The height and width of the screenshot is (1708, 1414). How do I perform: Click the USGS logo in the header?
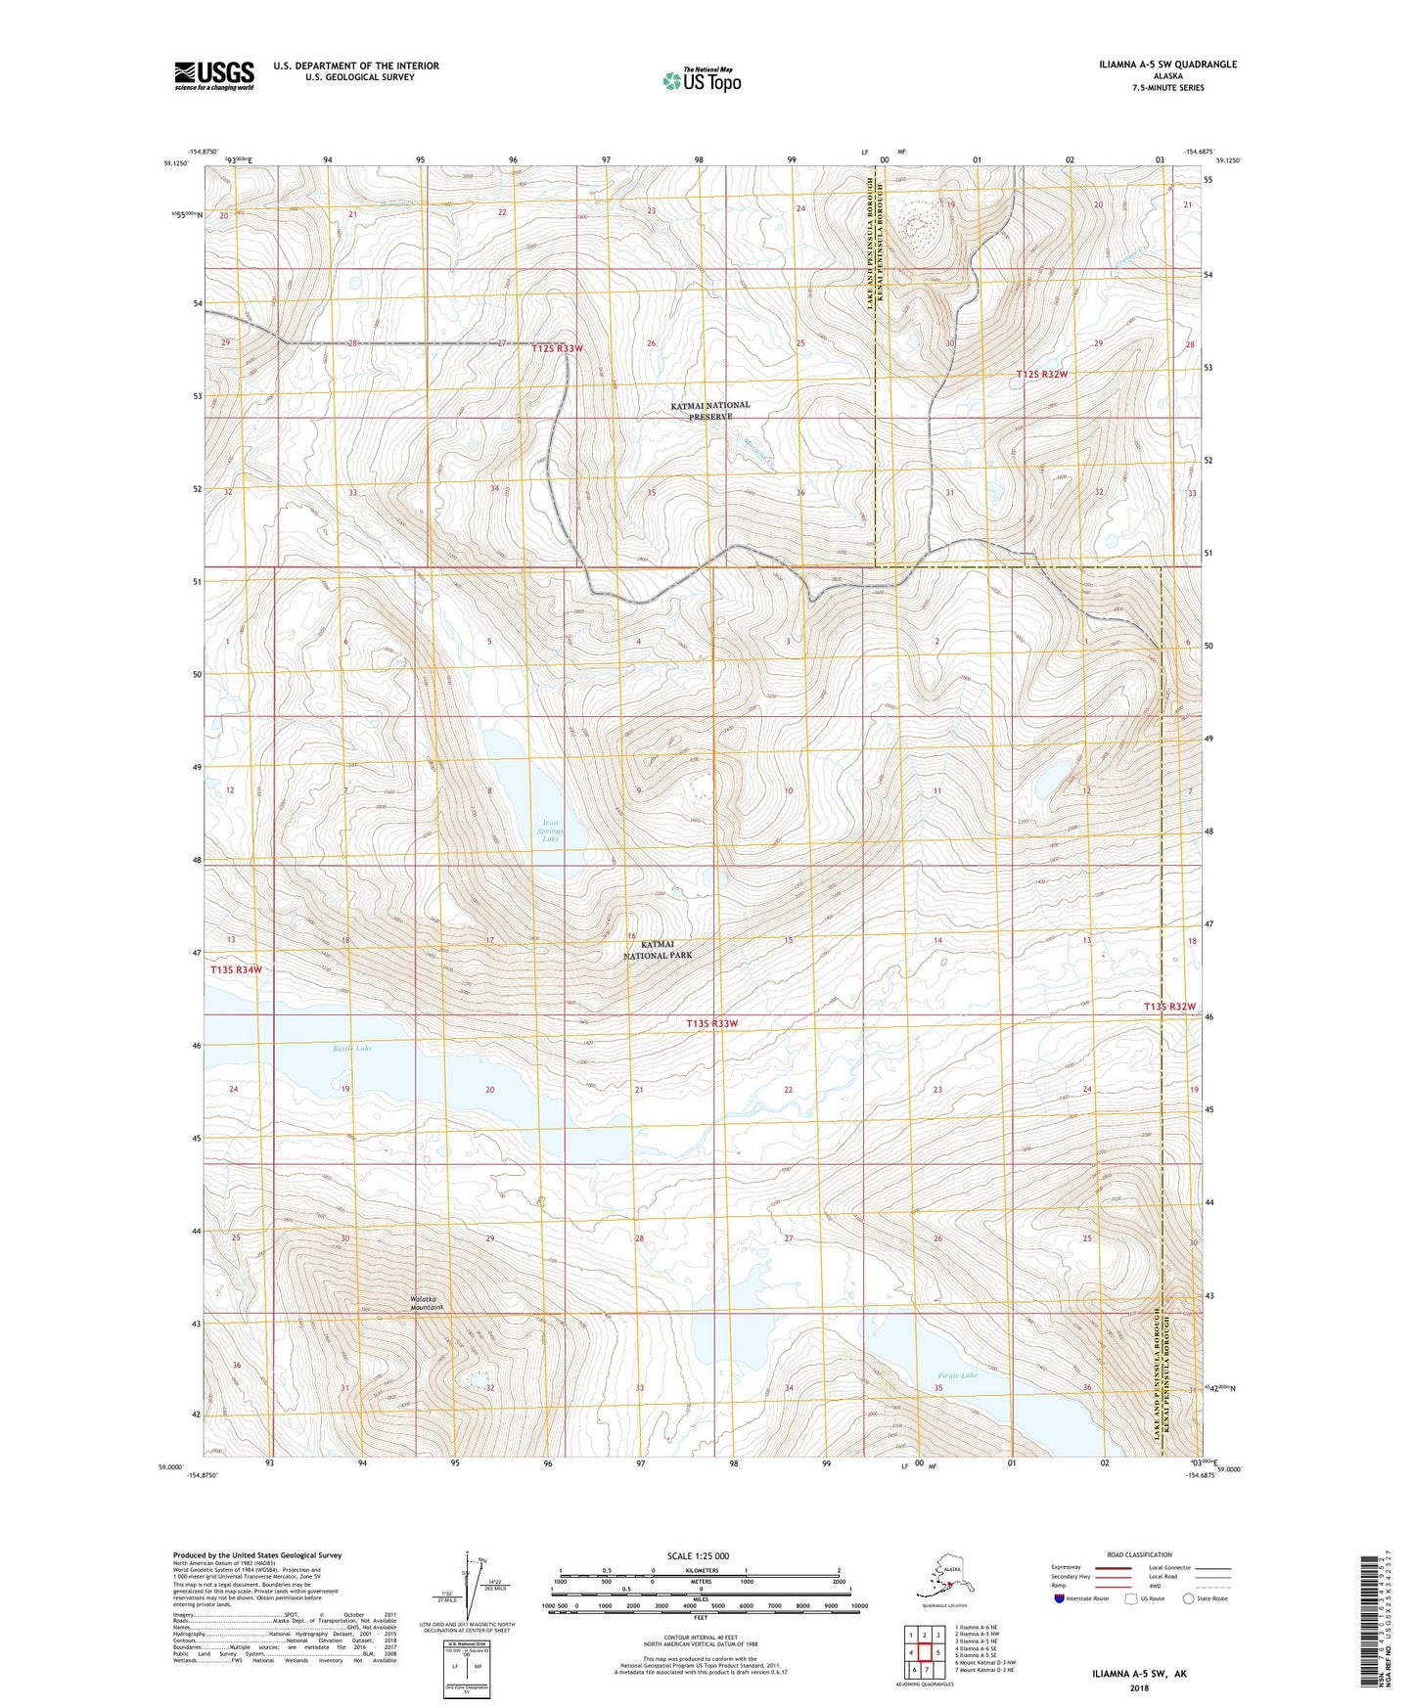pyautogui.click(x=214, y=75)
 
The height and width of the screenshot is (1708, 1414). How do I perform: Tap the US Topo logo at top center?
pyautogui.click(x=701, y=79)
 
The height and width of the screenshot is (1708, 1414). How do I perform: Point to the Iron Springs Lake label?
pyautogui.click(x=551, y=831)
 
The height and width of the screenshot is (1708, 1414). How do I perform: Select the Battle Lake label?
pyautogui.click(x=352, y=1048)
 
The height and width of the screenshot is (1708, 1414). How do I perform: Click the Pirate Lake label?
pyautogui.click(x=957, y=1374)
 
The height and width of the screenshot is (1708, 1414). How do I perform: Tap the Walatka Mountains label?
pyautogui.click(x=427, y=1303)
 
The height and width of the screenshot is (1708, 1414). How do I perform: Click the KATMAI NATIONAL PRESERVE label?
pyautogui.click(x=710, y=410)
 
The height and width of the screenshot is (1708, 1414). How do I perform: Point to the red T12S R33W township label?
pyautogui.click(x=558, y=348)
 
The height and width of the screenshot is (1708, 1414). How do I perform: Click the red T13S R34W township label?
pyautogui.click(x=236, y=969)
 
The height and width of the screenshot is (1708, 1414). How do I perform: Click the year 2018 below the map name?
pyautogui.click(x=1139, y=1687)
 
